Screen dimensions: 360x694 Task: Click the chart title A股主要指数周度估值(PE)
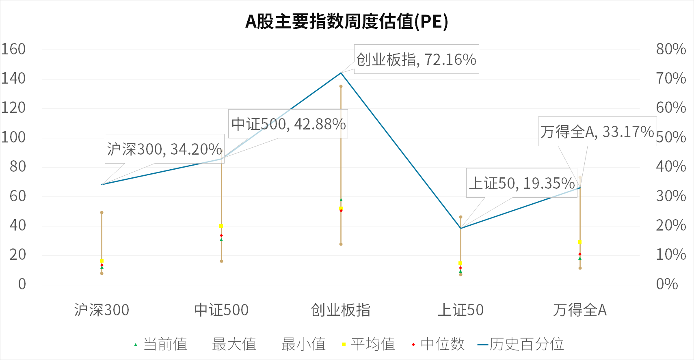coord(346,22)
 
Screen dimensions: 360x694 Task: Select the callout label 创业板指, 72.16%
coord(416,59)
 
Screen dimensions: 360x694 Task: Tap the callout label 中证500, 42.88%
coord(288,124)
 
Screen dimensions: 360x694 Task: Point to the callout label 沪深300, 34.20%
coord(164,149)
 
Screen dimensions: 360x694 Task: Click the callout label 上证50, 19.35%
coord(521,183)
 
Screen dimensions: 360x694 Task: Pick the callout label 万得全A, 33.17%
coord(597,131)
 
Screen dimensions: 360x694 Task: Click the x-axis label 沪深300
coord(102,310)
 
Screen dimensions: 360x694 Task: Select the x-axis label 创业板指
coord(341,310)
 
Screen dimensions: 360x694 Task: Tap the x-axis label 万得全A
coord(580,310)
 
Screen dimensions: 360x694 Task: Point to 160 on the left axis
coord(13,49)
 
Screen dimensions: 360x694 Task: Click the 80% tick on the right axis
coord(671,49)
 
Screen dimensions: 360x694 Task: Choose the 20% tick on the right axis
coord(671,225)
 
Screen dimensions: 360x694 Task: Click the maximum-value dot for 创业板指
coord(341,86)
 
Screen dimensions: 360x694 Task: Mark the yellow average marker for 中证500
coord(221,226)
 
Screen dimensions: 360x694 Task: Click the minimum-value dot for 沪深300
coord(102,273)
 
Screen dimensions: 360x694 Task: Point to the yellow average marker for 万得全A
coord(580,242)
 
